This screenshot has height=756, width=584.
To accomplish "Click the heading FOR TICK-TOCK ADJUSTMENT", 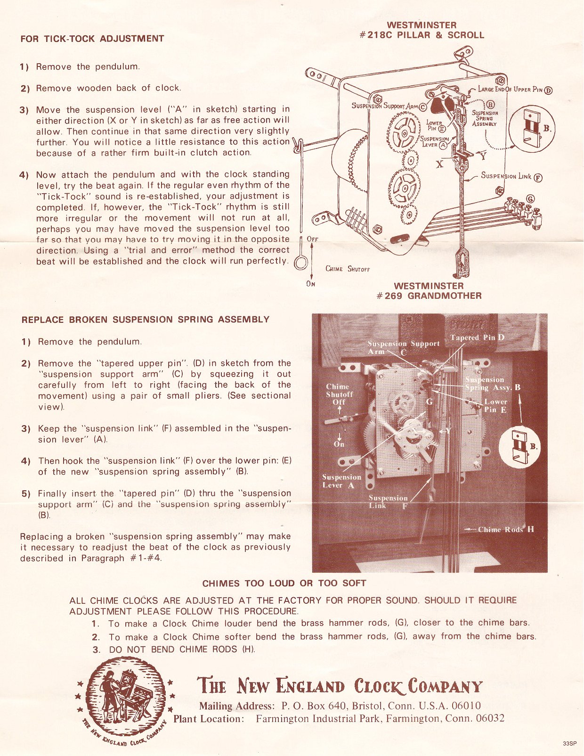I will coord(92,39).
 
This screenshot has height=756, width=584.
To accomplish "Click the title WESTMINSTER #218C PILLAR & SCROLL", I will coord(422,30).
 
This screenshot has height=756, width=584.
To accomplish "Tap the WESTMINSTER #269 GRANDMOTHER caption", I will coord(429,291).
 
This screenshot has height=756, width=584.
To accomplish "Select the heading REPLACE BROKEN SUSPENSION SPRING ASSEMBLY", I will coord(146,320).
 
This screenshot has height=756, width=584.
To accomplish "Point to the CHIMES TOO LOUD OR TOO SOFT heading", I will coord(284,583).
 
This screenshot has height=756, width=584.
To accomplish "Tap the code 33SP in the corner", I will coord(569,743).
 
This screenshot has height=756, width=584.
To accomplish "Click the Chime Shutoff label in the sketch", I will coord(348,269).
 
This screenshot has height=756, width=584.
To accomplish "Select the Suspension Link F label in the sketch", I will coord(510,177).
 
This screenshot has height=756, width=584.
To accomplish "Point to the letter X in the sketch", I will coord(440,164).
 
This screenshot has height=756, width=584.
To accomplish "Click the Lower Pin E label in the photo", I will coord(495,405).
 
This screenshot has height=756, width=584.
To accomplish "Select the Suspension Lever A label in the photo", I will coord(341,481).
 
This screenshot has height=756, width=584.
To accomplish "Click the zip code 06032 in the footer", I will coord(490,719).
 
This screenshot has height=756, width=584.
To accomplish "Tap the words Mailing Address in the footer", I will coord(235,706).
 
